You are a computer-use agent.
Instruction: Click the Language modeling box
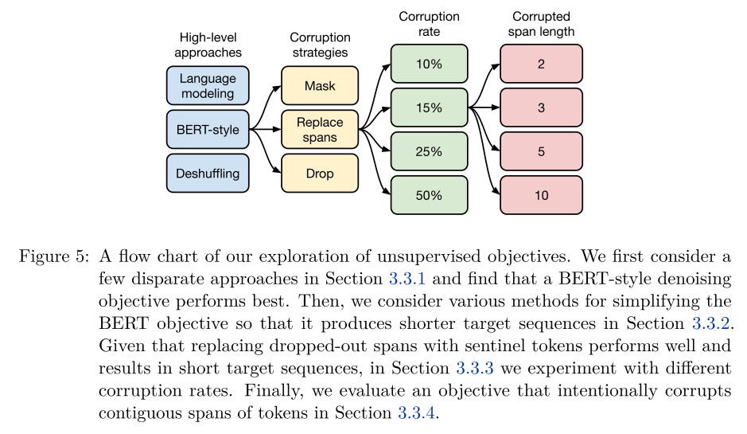click(x=208, y=86)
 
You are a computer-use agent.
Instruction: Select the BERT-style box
click(x=208, y=129)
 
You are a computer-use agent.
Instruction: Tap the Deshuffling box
click(x=208, y=173)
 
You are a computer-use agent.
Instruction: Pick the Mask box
click(x=320, y=86)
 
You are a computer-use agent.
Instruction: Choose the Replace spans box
click(x=320, y=129)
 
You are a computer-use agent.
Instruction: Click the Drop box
click(x=320, y=173)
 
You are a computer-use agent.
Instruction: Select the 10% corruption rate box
click(x=430, y=64)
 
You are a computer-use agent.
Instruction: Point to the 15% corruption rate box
click(x=430, y=108)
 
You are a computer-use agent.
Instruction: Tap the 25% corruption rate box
click(x=430, y=151)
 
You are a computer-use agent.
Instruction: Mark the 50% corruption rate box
click(x=430, y=195)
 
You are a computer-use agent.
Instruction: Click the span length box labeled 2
click(x=541, y=64)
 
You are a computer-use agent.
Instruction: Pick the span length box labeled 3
click(x=541, y=108)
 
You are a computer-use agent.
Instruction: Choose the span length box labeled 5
click(x=541, y=151)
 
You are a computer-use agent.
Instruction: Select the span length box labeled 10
click(x=541, y=195)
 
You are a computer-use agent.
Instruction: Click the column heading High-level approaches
click(x=208, y=45)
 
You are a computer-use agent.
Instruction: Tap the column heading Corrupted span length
click(x=541, y=24)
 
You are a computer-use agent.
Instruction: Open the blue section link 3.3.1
click(x=407, y=279)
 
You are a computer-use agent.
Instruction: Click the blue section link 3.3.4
click(x=416, y=412)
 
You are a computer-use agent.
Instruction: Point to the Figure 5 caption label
click(x=54, y=256)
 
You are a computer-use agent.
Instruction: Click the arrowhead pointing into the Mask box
click(x=277, y=88)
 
